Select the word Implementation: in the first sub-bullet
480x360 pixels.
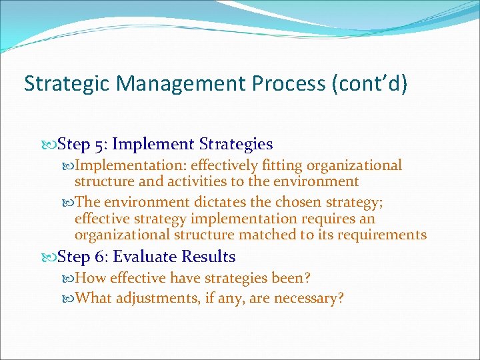click(131, 165)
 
